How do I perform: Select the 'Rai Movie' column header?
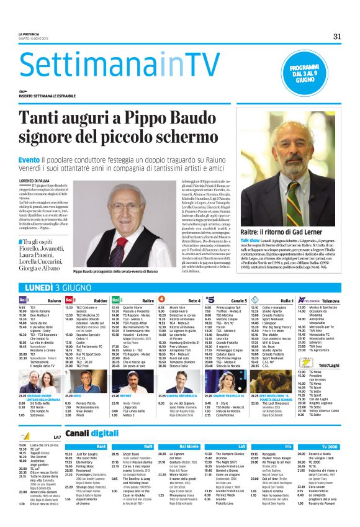tap(189, 446)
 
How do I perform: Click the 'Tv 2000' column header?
tap(330, 446)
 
